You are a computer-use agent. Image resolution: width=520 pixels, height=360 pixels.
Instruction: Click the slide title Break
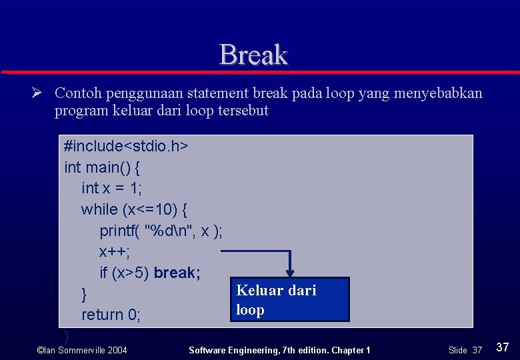(253, 55)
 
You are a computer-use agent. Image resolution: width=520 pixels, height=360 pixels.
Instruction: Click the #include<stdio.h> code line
(126, 146)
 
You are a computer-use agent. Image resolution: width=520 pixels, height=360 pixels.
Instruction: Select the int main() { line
(101, 167)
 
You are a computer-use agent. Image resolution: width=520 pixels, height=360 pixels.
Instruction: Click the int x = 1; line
(111, 188)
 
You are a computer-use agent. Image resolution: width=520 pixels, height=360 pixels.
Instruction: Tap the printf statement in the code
(161, 231)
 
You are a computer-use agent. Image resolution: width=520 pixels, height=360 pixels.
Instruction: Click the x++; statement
(115, 251)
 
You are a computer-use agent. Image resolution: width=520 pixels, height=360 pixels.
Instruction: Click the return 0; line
(111, 314)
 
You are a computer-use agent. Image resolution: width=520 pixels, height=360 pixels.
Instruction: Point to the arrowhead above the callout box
(291, 272)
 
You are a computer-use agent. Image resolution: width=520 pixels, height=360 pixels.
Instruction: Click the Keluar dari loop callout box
(289, 299)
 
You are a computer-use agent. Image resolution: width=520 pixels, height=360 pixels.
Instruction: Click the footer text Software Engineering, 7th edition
(279, 350)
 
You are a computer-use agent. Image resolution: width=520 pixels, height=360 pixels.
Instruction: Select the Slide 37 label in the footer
(465, 350)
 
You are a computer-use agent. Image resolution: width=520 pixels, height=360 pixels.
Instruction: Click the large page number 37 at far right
(503, 347)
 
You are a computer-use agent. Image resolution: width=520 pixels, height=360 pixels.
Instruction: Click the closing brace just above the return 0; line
(84, 293)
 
